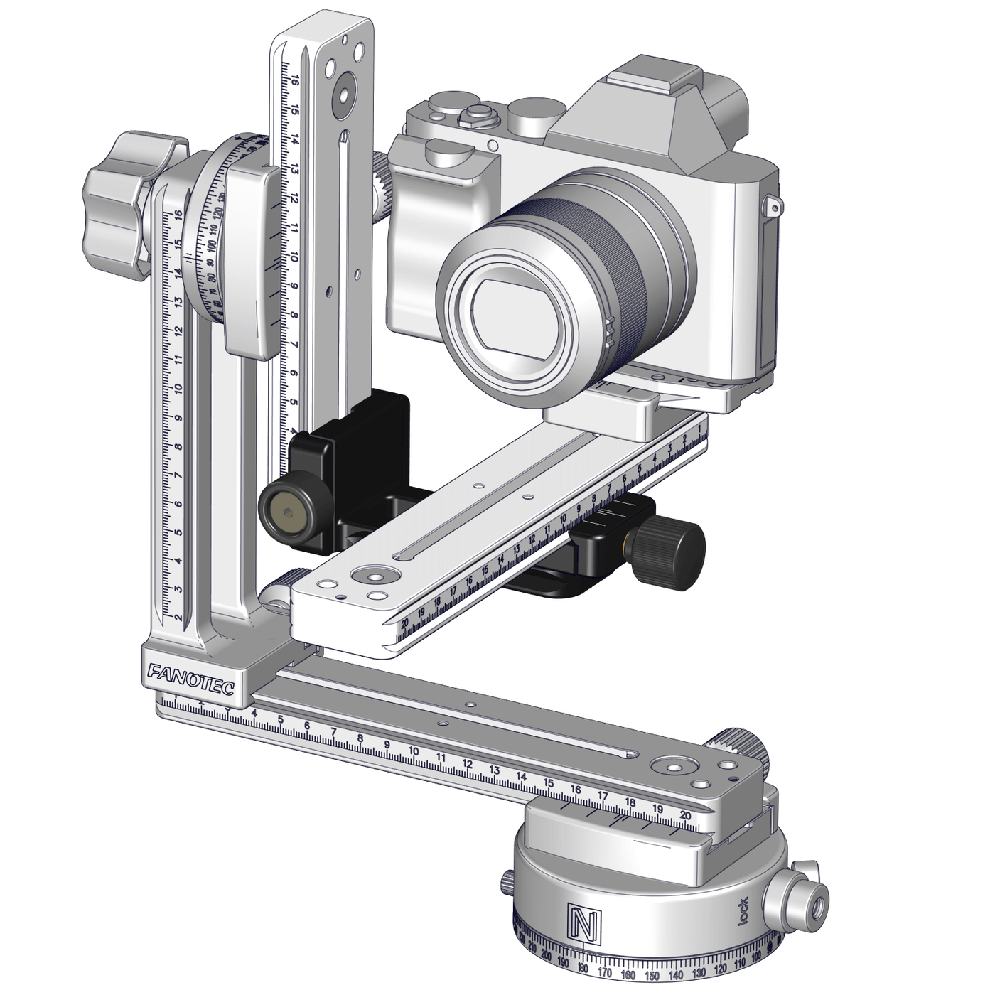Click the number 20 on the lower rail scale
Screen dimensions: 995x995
point(685,815)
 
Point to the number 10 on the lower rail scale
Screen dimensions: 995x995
point(414,753)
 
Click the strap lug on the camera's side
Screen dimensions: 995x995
point(773,206)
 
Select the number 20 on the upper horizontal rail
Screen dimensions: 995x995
point(405,623)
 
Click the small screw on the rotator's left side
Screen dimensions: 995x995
point(507,882)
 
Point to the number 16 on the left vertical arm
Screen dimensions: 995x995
point(178,214)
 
